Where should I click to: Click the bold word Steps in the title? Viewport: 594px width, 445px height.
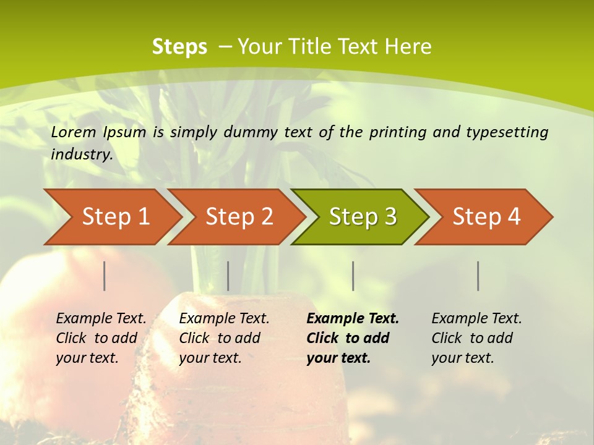click(179, 47)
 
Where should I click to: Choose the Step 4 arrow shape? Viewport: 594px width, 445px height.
click(486, 217)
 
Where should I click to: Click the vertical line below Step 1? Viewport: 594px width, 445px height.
click(105, 276)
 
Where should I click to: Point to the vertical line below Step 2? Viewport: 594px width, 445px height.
click(228, 276)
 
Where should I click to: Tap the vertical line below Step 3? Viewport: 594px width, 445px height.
click(353, 276)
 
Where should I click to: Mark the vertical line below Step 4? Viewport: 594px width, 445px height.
click(478, 276)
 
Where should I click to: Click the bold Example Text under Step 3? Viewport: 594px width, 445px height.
click(353, 318)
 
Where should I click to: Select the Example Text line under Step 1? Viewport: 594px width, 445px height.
click(101, 318)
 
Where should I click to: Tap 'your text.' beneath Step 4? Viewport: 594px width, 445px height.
click(462, 358)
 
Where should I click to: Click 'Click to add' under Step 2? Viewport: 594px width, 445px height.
click(220, 338)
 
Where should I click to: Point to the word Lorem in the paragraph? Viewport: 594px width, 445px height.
click(74, 132)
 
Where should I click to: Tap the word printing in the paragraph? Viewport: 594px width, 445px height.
click(398, 132)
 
